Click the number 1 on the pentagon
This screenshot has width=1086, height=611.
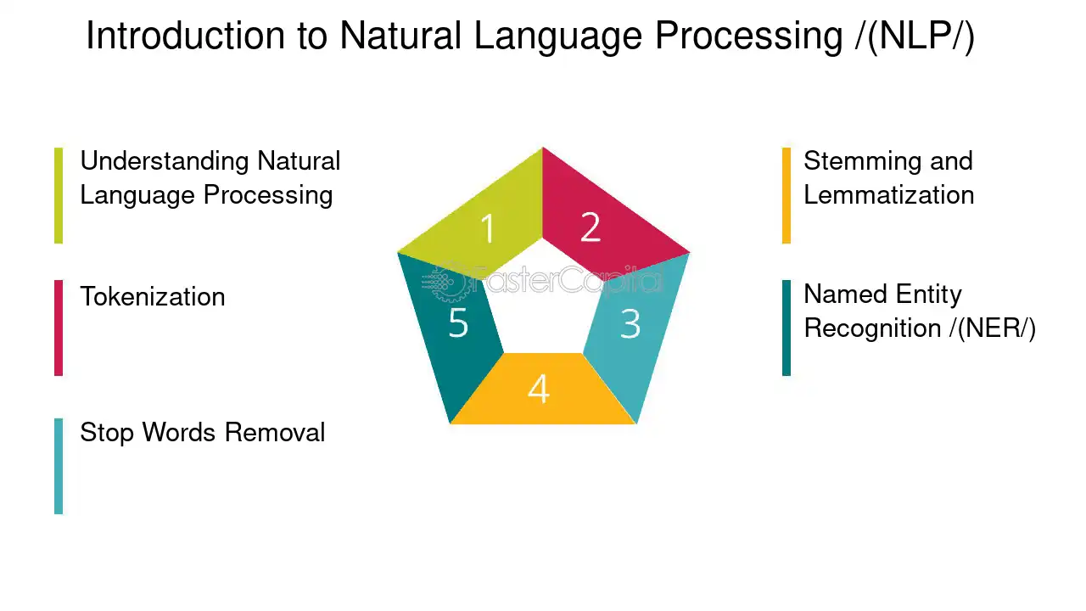tap(488, 228)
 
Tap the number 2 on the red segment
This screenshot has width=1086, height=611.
tap(591, 227)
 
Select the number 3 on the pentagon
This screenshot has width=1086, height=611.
tap(630, 323)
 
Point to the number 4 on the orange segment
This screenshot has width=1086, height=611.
tap(539, 389)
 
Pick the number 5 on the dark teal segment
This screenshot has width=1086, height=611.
tap(458, 322)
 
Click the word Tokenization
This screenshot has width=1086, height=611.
tap(153, 296)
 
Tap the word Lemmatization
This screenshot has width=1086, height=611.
tap(888, 195)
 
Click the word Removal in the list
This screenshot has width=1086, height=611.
tap(275, 432)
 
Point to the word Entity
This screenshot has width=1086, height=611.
tap(928, 295)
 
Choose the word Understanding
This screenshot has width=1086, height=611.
tap(165, 162)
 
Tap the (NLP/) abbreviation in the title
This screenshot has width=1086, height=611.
tap(915, 36)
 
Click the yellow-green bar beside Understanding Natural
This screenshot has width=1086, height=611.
tap(59, 195)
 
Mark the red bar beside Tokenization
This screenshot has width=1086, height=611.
tap(59, 328)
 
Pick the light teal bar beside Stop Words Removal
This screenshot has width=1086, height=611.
tap(59, 467)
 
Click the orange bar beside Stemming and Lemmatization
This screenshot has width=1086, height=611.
tap(787, 195)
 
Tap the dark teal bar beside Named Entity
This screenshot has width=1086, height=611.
tap(787, 328)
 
